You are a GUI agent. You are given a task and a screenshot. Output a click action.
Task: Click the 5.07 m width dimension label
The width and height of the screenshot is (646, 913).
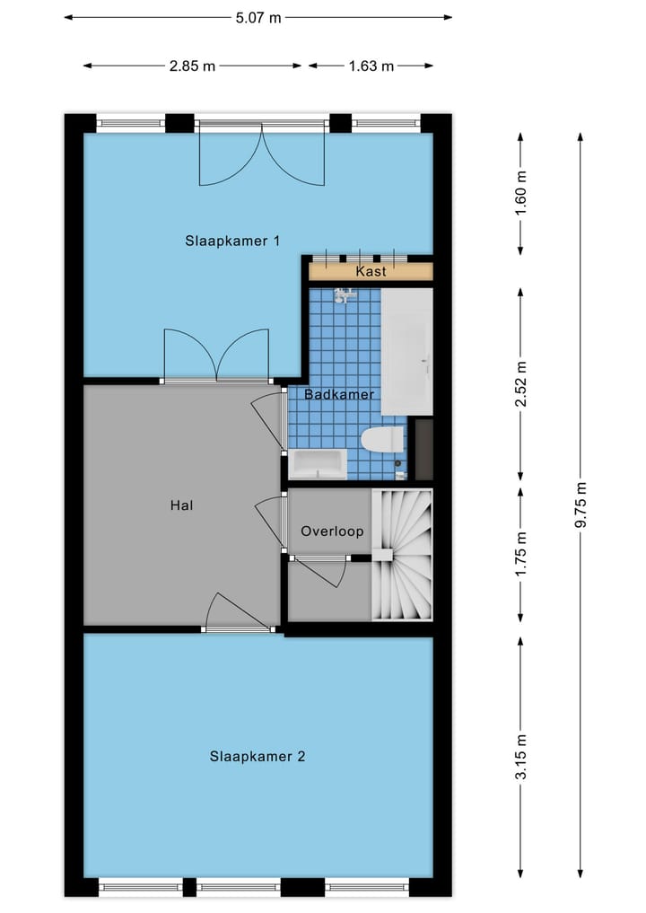(x=258, y=17)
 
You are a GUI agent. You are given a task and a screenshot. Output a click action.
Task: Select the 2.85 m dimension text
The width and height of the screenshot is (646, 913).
(x=193, y=66)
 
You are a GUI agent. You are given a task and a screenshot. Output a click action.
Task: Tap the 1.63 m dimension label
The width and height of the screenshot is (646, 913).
(x=371, y=66)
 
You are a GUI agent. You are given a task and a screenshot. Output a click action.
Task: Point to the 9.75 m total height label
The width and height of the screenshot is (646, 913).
(x=581, y=505)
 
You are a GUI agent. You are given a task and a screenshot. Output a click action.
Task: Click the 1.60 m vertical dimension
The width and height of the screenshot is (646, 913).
(x=521, y=193)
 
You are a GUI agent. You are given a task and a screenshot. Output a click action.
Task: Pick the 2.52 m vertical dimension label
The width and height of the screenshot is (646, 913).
(x=521, y=384)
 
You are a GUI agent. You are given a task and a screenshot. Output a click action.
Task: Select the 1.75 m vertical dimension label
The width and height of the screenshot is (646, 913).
(x=521, y=555)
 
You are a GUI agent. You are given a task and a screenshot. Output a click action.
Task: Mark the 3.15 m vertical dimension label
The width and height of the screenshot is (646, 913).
(x=521, y=758)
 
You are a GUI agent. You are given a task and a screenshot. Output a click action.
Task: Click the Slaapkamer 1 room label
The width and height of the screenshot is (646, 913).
(x=233, y=241)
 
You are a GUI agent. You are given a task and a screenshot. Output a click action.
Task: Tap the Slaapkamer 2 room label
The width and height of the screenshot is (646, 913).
(x=258, y=757)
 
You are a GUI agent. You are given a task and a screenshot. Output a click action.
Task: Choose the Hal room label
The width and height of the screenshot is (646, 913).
(x=181, y=505)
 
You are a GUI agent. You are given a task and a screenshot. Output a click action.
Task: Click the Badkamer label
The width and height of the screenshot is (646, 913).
(x=338, y=395)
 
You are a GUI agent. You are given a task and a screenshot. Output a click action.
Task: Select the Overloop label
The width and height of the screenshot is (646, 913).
(x=332, y=531)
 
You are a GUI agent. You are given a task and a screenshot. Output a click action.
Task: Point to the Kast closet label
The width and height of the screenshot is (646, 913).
(x=371, y=271)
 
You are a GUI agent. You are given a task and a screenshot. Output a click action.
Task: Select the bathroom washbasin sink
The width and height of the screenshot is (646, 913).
(x=318, y=464)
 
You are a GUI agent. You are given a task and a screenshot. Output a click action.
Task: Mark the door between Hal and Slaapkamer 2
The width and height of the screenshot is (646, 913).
(x=238, y=615)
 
